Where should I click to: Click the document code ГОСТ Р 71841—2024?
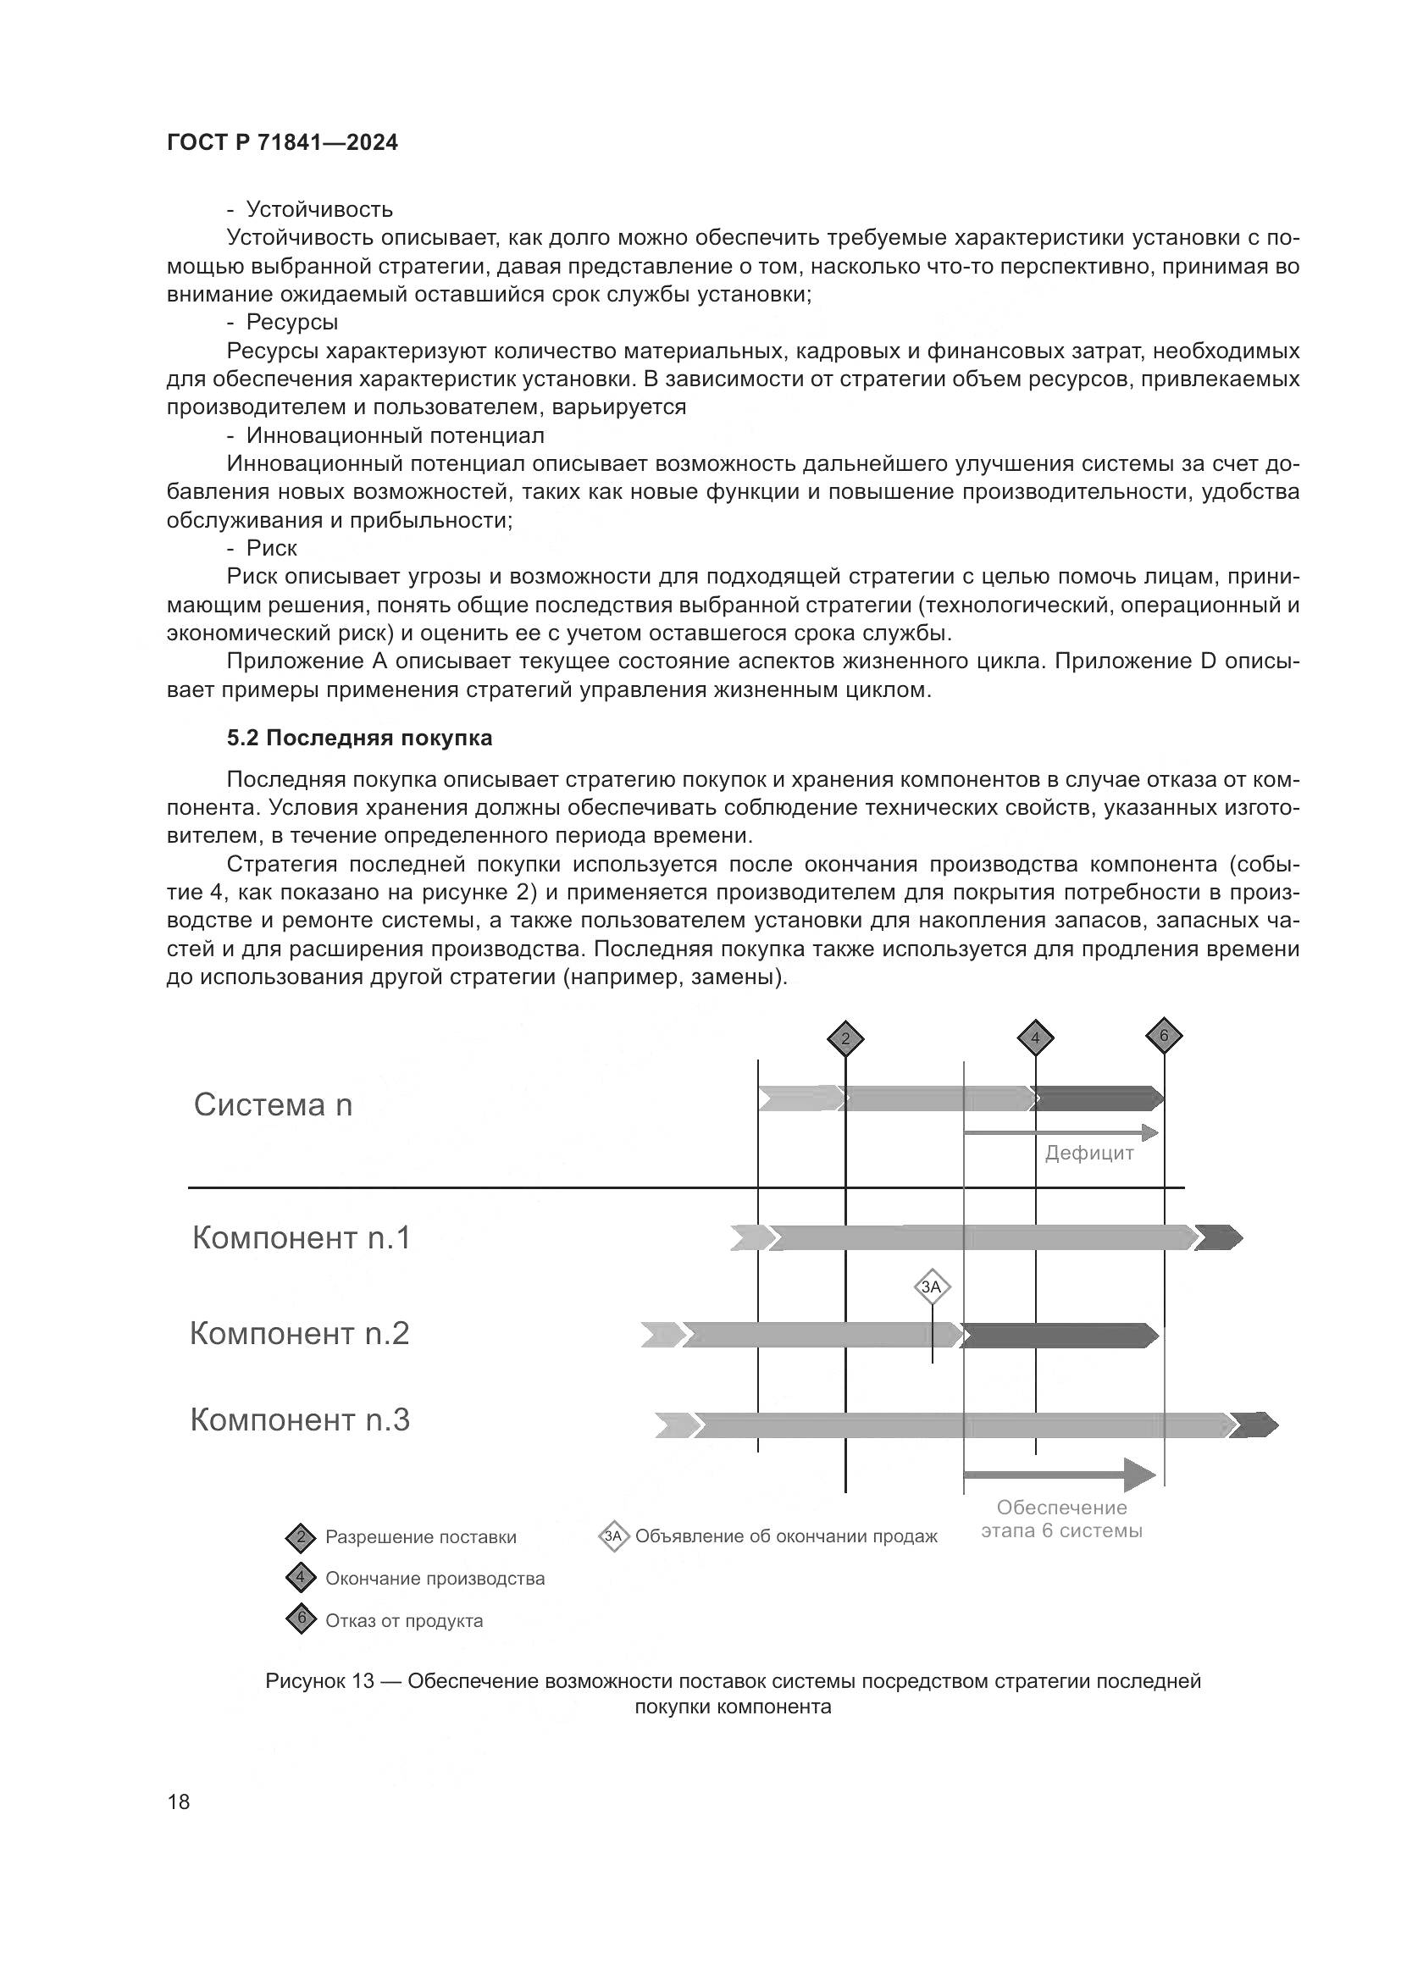tap(282, 143)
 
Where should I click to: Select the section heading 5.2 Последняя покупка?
tap(359, 738)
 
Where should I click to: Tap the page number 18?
tap(179, 1801)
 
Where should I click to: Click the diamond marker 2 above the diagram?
tap(845, 1038)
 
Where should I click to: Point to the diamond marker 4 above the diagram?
tap(1035, 1038)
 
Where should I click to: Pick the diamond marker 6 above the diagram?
tap(1164, 1035)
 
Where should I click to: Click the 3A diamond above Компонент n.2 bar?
tap(932, 1288)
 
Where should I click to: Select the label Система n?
tap(273, 1105)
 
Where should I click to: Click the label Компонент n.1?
tap(301, 1238)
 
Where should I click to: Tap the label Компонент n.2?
tap(299, 1334)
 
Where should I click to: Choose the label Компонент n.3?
tap(300, 1420)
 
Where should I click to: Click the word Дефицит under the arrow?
tap(1088, 1154)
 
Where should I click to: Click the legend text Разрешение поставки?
tap(420, 1537)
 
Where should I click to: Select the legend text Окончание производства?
tap(435, 1579)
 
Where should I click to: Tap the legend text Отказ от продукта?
tap(404, 1621)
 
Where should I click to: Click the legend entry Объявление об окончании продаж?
tap(786, 1536)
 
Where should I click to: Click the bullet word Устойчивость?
tap(319, 210)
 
